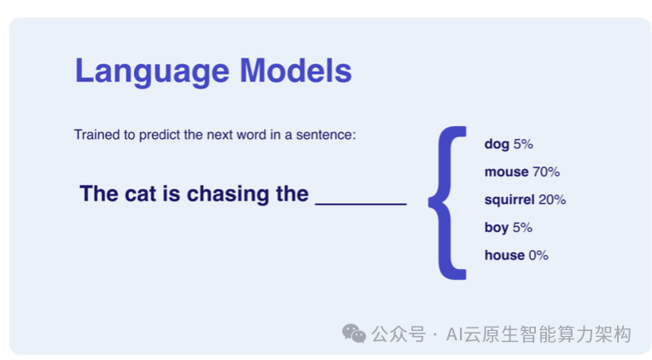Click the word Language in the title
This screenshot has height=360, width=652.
pyautogui.click(x=152, y=72)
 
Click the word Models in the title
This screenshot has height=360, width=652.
pyautogui.click(x=295, y=70)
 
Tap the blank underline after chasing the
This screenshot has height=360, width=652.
pyautogui.click(x=360, y=204)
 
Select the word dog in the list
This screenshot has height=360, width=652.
pyautogui.click(x=497, y=144)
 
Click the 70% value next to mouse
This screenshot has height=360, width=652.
pyautogui.click(x=546, y=171)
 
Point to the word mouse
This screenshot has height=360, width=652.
pyautogui.click(x=506, y=171)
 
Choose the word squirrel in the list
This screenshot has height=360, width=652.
pyautogui.click(x=509, y=200)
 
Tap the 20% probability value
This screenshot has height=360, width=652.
pyautogui.click(x=552, y=200)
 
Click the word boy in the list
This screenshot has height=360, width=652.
pyautogui.click(x=497, y=228)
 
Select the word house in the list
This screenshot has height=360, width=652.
pyautogui.click(x=505, y=255)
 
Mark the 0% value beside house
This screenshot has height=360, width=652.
pyautogui.click(x=538, y=255)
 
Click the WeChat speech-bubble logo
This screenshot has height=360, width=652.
pyautogui.click(x=354, y=334)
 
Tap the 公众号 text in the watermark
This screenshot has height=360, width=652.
pyautogui.click(x=399, y=334)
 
